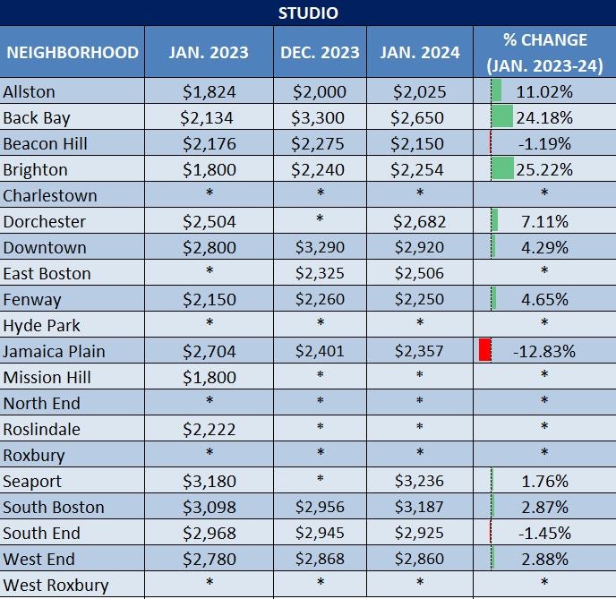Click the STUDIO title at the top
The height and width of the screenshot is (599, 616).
pos(308,13)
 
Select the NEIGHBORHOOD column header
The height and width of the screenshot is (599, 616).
pos(73,52)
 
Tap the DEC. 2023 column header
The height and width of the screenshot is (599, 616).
pos(321,52)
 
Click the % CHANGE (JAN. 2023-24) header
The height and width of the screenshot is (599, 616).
pos(545,52)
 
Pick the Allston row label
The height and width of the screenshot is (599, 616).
pos(30,91)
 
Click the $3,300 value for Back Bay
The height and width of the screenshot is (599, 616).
pos(321,117)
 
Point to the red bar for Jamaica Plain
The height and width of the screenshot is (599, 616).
pos(485,350)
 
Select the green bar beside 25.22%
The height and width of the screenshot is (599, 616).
pos(502,169)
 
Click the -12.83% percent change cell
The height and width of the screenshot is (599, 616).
pos(544,351)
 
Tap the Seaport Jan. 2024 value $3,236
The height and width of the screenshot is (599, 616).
pos(419,481)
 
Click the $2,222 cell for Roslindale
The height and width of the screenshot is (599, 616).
pos(210,429)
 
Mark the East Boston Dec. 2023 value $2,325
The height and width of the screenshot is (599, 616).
pos(321,273)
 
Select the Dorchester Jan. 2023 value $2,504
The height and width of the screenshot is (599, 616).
pos(210,221)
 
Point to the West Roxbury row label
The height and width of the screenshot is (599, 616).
pos(56,585)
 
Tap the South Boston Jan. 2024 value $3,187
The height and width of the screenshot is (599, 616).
pos(419,507)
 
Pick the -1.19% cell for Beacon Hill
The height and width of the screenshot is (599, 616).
pos(544,143)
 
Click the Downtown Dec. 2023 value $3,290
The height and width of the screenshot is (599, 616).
pos(321,247)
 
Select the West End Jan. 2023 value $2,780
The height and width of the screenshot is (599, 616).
pos(210,559)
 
